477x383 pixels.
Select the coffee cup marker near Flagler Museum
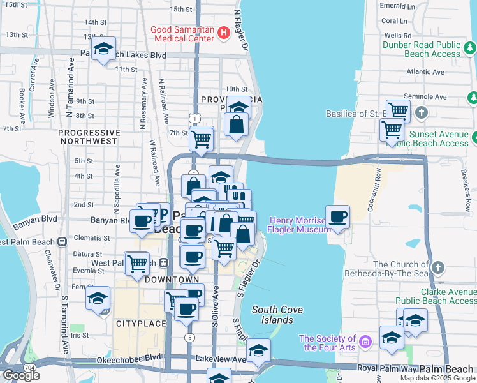(x=337, y=217)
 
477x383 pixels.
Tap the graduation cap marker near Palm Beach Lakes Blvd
(x=103, y=50)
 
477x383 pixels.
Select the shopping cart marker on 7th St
(x=202, y=138)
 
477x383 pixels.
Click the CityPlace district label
(x=141, y=324)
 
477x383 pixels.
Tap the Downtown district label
(x=172, y=280)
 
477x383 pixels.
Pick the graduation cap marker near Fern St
(x=98, y=299)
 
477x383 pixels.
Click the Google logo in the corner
(x=21, y=375)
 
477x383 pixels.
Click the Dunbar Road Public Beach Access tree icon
(x=470, y=47)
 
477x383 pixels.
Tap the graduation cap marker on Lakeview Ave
(x=258, y=350)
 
